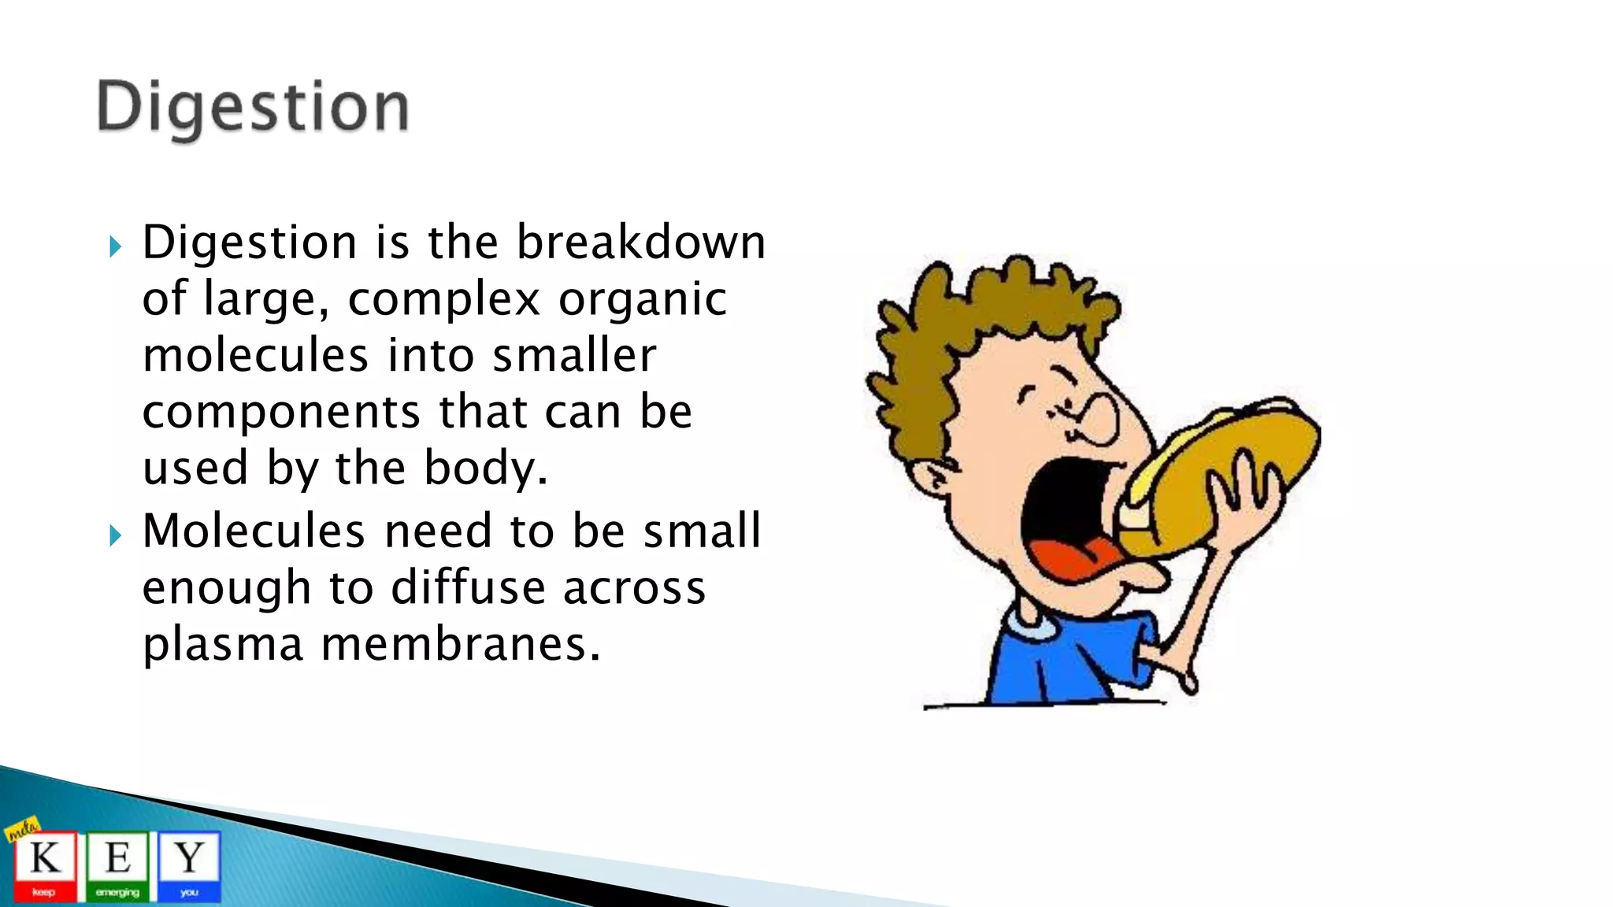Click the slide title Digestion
[253, 108]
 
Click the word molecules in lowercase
[255, 355]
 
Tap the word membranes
[460, 644]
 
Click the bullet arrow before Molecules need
[116, 536]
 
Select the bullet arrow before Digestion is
[116, 246]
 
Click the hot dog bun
[1229, 472]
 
